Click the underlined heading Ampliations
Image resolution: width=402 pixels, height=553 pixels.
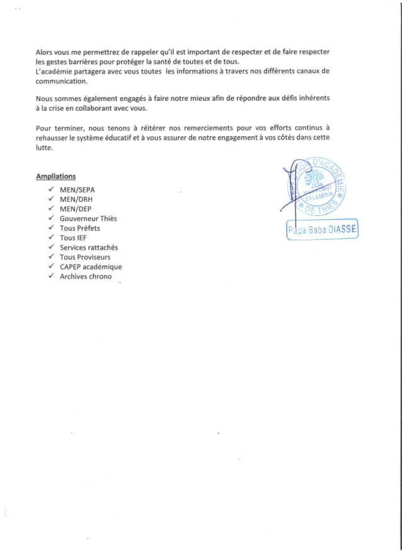click(56, 177)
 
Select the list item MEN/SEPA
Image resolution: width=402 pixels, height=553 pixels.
click(78, 190)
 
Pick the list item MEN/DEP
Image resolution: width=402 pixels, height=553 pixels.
click(77, 209)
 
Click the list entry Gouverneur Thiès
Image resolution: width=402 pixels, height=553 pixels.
click(88, 219)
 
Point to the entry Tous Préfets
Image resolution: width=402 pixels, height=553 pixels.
click(80, 228)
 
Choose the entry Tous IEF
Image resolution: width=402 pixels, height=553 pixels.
click(73, 238)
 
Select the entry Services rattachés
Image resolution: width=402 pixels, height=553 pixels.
click(89, 248)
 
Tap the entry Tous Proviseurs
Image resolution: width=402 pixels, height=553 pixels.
click(85, 257)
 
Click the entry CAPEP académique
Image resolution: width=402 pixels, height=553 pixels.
click(91, 267)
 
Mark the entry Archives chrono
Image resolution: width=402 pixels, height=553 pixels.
click(86, 276)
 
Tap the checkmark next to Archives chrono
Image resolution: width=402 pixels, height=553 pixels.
click(51, 276)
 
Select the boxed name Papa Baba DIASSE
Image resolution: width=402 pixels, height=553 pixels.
click(322, 231)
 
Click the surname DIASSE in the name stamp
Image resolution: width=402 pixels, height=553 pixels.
click(342, 231)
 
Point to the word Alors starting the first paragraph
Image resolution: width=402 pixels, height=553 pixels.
click(45, 50)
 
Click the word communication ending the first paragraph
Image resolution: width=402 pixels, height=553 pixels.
click(62, 81)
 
